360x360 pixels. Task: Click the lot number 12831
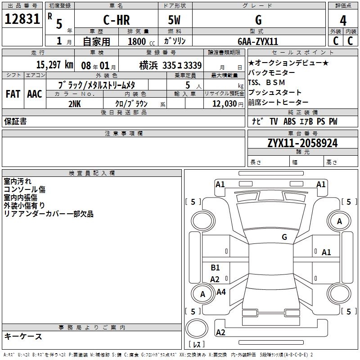coord(22,19)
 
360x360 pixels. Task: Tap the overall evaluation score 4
coord(343,20)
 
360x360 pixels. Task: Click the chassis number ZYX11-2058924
coord(302,143)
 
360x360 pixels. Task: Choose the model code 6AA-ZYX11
coord(258,41)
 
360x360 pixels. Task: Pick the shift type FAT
coord(13,94)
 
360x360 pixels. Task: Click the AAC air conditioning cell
coord(34,94)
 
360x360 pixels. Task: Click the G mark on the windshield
coord(284,237)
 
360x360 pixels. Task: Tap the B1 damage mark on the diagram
coord(215,268)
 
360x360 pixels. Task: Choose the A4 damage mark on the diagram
coord(221,292)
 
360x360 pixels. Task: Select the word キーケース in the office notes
coord(23,337)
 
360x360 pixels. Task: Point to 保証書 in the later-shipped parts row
coord(15,121)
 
